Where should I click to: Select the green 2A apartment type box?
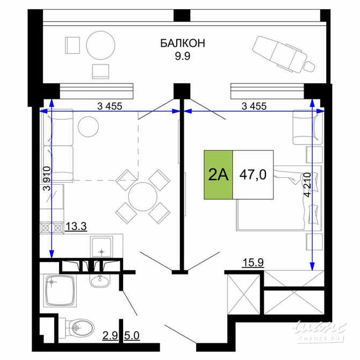click(218, 175)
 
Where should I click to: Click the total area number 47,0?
click(253, 175)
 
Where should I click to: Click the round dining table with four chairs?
click(143, 196)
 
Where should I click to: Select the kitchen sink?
click(100, 248)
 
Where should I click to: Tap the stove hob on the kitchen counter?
click(52, 227)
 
